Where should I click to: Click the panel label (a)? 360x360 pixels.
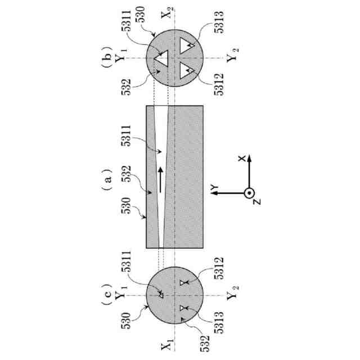(x=106, y=179)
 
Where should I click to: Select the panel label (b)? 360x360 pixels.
(x=106, y=56)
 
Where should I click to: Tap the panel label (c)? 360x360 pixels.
(x=106, y=294)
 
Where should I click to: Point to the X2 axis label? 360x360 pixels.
(x=167, y=13)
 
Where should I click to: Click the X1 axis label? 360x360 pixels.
(x=167, y=344)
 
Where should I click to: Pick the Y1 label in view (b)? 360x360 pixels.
(x=120, y=55)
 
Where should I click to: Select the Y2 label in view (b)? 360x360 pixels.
(x=232, y=55)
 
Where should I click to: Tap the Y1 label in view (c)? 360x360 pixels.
(x=120, y=293)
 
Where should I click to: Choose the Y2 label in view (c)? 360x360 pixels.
(x=232, y=293)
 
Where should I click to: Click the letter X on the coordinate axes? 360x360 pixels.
(x=241, y=158)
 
